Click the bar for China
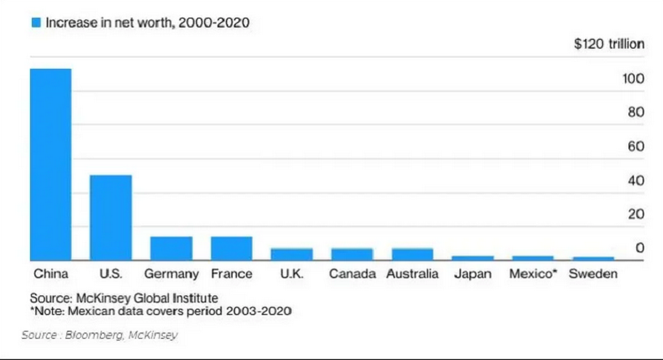(50, 165)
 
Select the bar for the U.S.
(110, 218)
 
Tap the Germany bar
(171, 249)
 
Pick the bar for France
(231, 249)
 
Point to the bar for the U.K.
(291, 255)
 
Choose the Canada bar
(352, 255)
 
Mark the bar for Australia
(412, 255)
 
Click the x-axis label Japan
(472, 274)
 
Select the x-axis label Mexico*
(533, 274)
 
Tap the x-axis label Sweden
(592, 274)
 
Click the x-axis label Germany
(171, 274)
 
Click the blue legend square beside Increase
(35, 23)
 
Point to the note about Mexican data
(161, 311)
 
